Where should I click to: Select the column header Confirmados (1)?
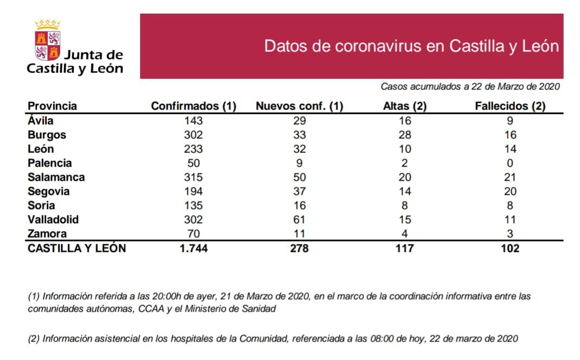coord(193,106)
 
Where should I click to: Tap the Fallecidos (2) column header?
coord(510,106)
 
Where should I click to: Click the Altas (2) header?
coord(405,106)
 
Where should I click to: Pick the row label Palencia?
coord(50,163)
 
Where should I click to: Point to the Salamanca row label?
coord(56,177)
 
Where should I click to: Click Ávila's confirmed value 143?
coord(193,121)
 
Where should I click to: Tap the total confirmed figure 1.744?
coord(193,248)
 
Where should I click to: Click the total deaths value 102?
coord(510,248)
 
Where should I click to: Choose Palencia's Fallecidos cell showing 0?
coord(510,163)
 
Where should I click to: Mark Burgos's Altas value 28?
coord(404,135)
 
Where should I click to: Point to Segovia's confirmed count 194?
coord(193,191)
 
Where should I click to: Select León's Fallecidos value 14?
coord(510,149)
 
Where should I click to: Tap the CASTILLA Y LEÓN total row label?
coord(77,248)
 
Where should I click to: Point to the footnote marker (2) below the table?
coord(34,339)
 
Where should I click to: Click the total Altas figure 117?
coord(404,248)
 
